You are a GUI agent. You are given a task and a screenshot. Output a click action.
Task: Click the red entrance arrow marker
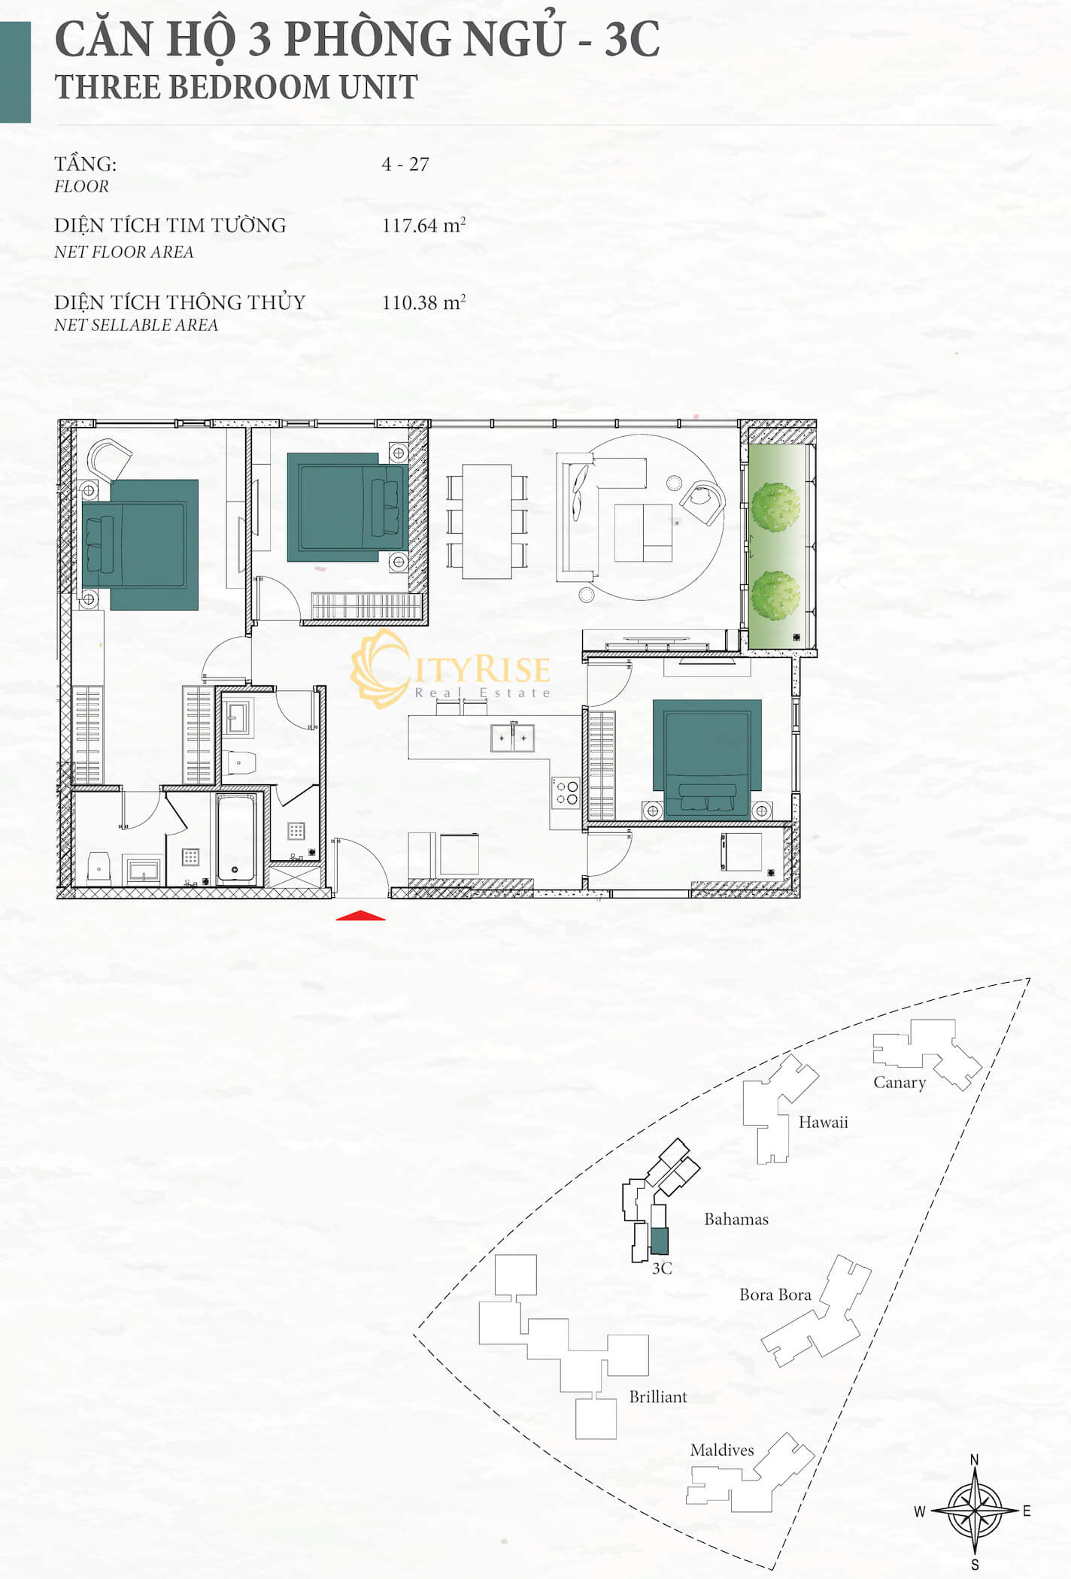360,915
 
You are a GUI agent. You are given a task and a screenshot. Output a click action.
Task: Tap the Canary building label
900,1083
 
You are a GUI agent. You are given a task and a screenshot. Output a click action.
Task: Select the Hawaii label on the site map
823,1123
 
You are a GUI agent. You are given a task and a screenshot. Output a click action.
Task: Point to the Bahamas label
736,1220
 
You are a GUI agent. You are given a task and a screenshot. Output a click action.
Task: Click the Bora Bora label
775,1295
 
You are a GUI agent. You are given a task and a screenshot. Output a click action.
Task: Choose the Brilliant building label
658,1397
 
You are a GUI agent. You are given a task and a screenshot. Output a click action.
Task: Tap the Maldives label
722,1450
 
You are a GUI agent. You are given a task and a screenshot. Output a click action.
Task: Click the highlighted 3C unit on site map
659,1241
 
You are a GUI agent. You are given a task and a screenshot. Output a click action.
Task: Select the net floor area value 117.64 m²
423,225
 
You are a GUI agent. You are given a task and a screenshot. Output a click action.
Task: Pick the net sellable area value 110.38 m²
423,302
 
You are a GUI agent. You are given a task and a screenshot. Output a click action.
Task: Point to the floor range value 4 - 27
405,164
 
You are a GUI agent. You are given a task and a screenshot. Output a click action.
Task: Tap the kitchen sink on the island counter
512,738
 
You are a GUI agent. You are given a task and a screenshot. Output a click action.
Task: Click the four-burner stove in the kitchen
566,793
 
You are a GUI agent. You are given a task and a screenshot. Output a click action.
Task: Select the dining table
487,522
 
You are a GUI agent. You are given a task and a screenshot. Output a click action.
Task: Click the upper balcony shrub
775,507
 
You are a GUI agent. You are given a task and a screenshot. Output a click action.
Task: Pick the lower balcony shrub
775,596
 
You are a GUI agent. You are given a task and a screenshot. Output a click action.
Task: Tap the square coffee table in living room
643,533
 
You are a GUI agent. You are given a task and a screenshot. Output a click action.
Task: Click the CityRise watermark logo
450,669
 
